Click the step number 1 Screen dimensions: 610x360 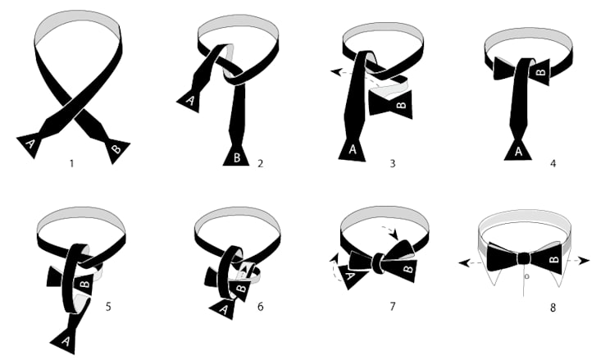71,163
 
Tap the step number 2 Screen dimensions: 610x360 260,163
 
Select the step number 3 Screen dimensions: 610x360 393,163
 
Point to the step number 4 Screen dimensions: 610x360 553,163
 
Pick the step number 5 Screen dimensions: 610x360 108,307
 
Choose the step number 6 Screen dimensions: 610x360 260,307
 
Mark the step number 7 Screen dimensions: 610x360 393,307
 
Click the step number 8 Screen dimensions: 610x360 553,308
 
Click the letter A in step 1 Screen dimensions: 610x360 30,144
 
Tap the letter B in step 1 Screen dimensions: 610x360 116,149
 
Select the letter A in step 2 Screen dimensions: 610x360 190,101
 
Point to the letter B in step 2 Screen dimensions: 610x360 237,157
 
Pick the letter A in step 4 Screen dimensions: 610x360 518,152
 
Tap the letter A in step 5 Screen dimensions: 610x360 66,341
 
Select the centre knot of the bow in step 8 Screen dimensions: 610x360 524,258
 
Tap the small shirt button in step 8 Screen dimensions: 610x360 526,276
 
